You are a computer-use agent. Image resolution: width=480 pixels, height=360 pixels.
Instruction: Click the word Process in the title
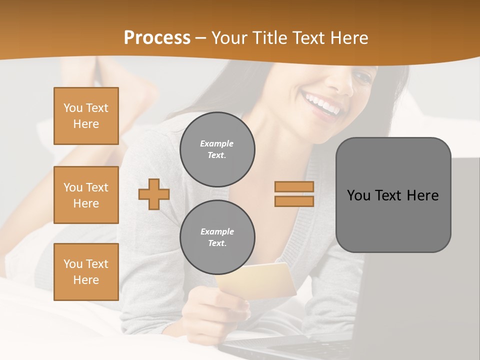coord(157,38)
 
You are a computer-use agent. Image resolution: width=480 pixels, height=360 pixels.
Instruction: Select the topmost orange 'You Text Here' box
coord(86,116)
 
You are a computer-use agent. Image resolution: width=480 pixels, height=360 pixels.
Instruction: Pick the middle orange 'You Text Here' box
coord(86,195)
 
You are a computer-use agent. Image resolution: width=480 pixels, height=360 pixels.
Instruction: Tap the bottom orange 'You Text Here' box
coord(86,272)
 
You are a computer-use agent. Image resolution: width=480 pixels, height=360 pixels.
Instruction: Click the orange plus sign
coord(154,194)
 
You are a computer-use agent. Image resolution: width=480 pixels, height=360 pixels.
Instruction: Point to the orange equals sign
coord(294,194)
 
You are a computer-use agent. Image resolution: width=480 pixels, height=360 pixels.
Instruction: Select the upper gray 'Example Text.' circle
coord(217,149)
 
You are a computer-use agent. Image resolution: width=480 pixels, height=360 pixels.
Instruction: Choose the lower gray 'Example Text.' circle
coord(217,237)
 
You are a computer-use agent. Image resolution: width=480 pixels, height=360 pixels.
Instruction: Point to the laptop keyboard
coord(290,348)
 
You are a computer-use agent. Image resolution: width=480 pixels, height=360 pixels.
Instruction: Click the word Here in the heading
coord(349,38)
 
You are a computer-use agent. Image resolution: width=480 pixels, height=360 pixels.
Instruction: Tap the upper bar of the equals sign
coord(294,186)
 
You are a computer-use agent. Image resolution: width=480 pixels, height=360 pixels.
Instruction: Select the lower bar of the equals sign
coord(294,201)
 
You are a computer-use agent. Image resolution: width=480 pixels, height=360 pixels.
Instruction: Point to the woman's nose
coord(345,85)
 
